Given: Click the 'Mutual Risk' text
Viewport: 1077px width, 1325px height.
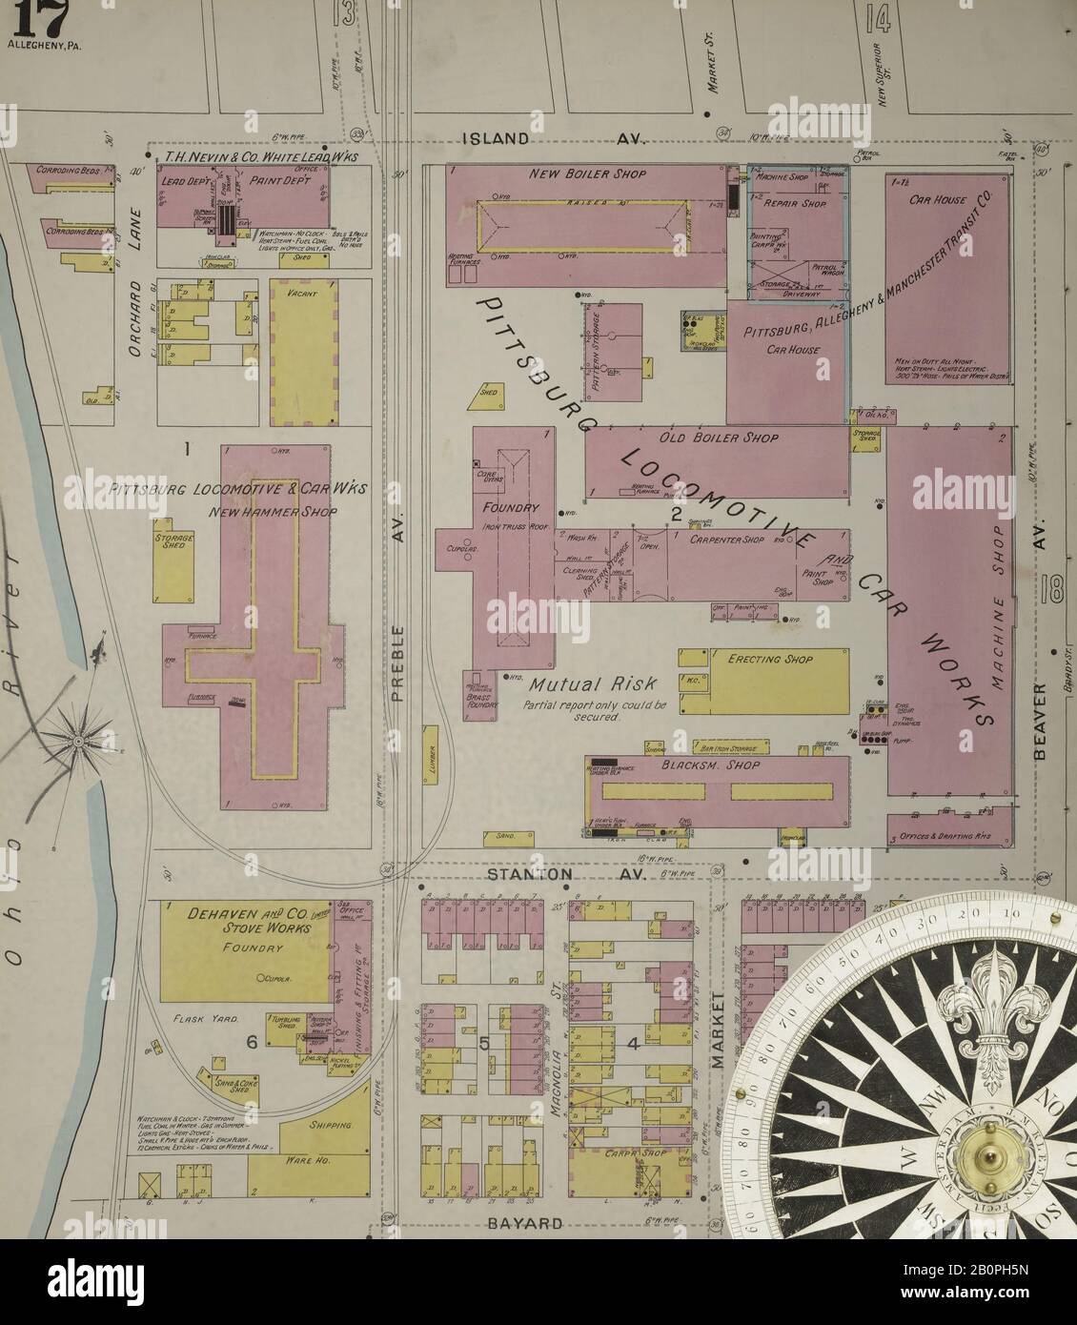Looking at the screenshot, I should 579,684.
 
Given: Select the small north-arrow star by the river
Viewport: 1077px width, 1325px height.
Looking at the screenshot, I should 78,738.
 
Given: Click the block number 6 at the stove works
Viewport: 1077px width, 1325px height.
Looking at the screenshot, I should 252,1043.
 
